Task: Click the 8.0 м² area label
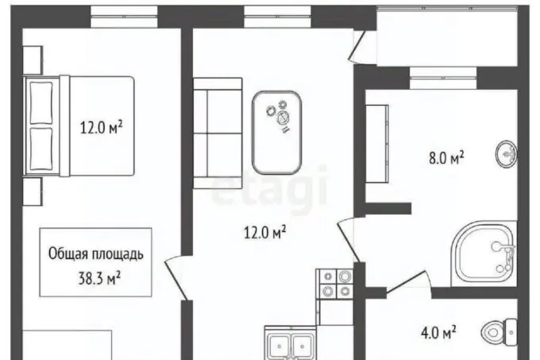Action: click(x=446, y=158)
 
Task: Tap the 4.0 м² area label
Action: click(x=438, y=333)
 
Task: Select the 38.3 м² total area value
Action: click(x=99, y=278)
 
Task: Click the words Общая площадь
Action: click(x=96, y=254)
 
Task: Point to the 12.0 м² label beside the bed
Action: click(x=102, y=127)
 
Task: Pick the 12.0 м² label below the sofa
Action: click(x=264, y=232)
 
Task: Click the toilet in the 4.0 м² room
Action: click(x=499, y=332)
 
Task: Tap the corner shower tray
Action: click(x=484, y=254)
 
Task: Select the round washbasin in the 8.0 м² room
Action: click(x=507, y=153)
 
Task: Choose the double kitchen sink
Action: click(x=291, y=343)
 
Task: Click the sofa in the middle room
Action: click(x=218, y=133)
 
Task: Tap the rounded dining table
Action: click(x=277, y=133)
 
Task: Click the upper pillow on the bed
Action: click(x=41, y=103)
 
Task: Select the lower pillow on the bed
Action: click(x=41, y=149)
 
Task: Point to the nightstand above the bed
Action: click(x=33, y=60)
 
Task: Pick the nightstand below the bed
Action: click(x=33, y=192)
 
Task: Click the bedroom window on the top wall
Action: click(x=124, y=16)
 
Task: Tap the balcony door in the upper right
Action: click(x=357, y=46)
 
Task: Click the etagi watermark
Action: click(x=269, y=188)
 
